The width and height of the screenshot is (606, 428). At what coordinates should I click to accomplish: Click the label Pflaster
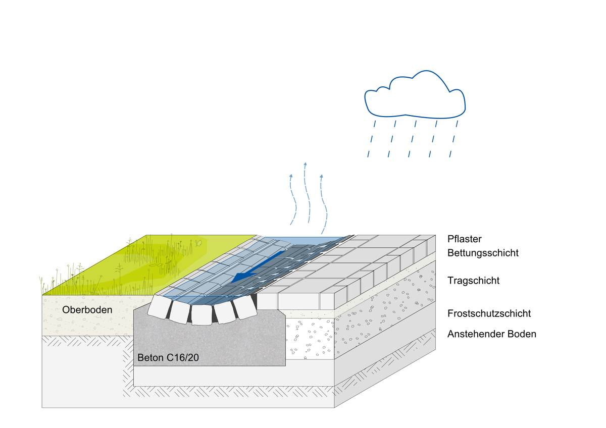click(465, 239)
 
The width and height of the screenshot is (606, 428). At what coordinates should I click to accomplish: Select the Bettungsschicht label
click(483, 253)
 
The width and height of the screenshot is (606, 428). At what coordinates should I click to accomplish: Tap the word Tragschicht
click(473, 281)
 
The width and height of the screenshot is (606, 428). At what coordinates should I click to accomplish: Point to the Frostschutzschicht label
click(489, 313)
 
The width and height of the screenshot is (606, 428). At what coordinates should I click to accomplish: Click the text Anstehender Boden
click(491, 334)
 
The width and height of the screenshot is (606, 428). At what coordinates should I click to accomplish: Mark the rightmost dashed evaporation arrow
click(322, 204)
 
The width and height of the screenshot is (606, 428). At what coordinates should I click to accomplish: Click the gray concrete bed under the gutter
click(212, 343)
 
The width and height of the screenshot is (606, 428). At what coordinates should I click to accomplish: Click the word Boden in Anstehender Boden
click(522, 334)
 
